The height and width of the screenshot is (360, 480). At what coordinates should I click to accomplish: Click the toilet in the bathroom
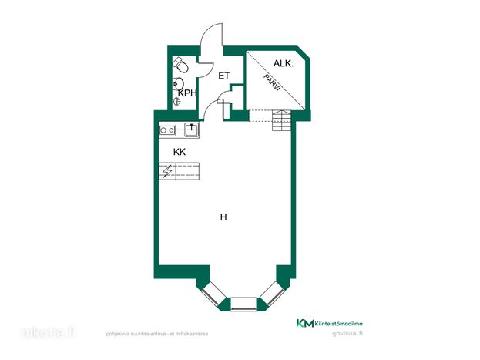click(180, 65)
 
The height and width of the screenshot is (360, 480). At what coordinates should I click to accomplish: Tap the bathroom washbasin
click(178, 83)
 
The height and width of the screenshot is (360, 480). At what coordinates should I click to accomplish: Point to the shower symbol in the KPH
click(176, 102)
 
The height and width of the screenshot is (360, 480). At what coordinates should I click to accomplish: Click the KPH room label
click(187, 93)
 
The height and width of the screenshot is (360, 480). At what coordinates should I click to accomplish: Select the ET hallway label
click(223, 76)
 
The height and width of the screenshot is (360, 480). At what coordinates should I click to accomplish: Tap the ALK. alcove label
click(284, 64)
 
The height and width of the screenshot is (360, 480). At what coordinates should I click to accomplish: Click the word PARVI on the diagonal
click(272, 82)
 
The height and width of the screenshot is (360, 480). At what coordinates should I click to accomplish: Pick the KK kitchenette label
click(180, 152)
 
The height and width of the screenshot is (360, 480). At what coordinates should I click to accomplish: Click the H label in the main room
click(223, 217)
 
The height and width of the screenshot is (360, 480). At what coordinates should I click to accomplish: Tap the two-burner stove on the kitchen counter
click(167, 130)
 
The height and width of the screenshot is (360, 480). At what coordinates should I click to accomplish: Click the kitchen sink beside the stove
click(192, 130)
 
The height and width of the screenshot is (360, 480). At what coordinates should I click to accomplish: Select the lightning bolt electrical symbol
click(167, 171)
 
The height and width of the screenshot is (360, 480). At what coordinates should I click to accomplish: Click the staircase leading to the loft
click(281, 120)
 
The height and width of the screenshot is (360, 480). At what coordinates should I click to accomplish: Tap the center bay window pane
click(243, 304)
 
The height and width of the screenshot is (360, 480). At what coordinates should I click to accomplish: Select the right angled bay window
click(273, 294)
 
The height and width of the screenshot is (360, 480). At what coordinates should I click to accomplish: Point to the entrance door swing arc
click(210, 33)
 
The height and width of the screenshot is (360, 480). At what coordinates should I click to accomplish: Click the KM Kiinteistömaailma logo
click(330, 323)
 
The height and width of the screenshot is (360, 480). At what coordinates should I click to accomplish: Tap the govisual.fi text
click(347, 334)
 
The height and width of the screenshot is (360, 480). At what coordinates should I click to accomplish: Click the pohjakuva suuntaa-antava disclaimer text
click(157, 334)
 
